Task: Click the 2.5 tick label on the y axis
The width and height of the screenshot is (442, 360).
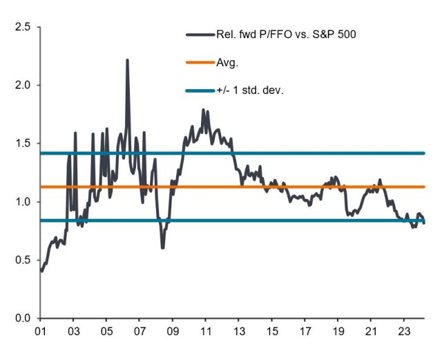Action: coord(22,27)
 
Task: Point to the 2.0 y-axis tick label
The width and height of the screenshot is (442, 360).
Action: coord(22,85)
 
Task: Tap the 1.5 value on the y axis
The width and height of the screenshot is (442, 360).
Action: coord(22,143)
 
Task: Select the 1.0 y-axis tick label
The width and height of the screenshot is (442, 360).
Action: coord(22,202)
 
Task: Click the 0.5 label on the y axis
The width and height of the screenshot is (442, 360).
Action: coord(22,260)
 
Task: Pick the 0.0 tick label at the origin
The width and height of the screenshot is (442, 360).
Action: coord(22,318)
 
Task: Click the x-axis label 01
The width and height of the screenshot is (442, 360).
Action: coord(40,332)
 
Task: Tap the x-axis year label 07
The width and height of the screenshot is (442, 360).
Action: coord(140,332)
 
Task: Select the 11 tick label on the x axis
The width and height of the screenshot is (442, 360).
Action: coord(206,332)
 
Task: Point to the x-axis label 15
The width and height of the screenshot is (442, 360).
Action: coord(272,332)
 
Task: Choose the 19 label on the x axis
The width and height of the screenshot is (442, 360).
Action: coord(338,332)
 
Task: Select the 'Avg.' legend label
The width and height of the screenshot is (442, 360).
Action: coord(227,63)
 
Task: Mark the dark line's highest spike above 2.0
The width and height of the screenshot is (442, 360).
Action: coord(127,60)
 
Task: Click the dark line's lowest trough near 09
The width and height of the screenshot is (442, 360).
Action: coord(163,247)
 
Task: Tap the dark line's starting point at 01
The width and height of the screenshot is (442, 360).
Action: coord(41,271)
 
